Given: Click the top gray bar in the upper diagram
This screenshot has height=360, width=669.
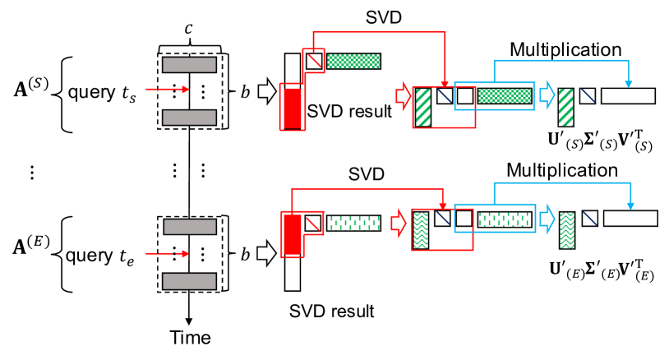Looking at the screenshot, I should point(189,65).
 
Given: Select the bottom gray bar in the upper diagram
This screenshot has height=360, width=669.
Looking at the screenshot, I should point(189,118).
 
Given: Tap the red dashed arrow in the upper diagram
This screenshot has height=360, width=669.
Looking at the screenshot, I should point(168,89).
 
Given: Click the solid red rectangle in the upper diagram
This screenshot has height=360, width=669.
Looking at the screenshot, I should point(293,108).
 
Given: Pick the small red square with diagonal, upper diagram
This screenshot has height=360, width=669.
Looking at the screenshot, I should point(313,61).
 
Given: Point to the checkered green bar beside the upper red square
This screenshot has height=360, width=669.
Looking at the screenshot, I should point(353,61).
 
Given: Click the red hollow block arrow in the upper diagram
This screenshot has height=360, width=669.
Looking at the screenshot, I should point(403,96).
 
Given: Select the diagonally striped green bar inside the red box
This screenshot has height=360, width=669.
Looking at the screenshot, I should point(423,107).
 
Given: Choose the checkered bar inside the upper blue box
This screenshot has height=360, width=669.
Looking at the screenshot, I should point(505,96).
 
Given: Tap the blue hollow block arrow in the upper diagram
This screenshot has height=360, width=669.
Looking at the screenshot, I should point(547,95).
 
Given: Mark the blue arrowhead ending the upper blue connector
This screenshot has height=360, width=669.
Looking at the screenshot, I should point(628,83).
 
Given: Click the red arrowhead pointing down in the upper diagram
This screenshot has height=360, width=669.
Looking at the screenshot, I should point(445,84).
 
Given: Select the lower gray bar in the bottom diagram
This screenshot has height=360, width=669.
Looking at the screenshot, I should point(189,281).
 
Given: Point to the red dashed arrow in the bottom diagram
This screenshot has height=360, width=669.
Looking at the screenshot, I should point(168,253).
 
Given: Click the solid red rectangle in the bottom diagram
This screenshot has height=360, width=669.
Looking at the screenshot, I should point(293,235).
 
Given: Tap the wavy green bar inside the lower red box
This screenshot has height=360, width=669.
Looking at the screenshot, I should point(421,230).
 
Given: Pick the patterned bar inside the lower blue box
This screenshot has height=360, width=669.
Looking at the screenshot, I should point(505,219).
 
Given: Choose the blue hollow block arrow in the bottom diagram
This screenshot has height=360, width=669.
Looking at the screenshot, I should point(547,219).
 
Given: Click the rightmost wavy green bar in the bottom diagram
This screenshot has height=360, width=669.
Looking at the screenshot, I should point(567,230).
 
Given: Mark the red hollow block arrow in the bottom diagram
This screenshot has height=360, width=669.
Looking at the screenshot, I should point(399,223).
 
